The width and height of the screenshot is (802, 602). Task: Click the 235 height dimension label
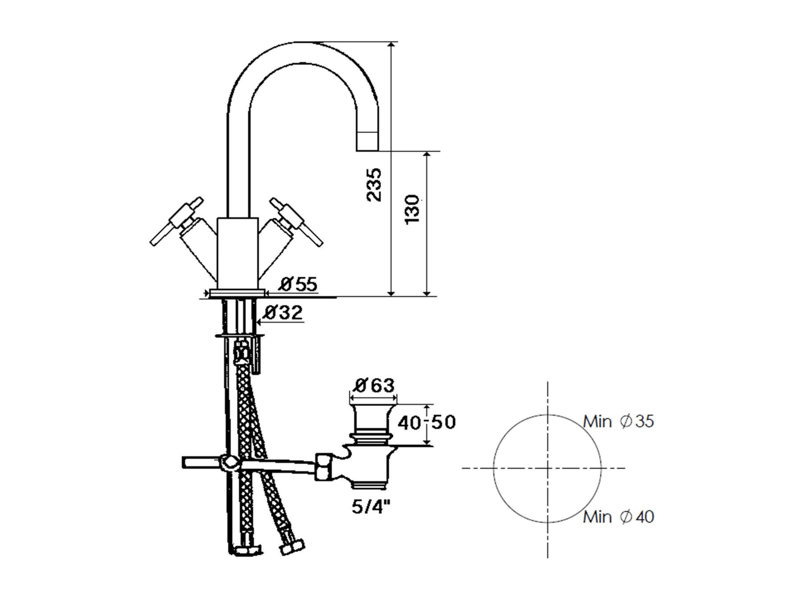coord(374,185)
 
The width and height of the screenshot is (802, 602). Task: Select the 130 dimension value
coord(413,209)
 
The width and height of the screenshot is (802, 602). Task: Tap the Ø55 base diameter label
coord(299,284)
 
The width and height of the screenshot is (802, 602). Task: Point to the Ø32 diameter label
coord(283,313)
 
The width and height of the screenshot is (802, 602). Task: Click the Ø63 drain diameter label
coord(375,385)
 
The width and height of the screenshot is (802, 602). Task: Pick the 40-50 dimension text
coord(426,422)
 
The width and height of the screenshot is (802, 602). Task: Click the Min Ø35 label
coord(619,421)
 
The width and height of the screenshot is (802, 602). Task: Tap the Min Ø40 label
coord(619,517)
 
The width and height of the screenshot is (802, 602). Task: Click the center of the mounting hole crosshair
coord(548,468)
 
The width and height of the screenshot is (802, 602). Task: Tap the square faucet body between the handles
coord(237,253)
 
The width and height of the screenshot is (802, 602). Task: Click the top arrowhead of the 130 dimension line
coord(427,155)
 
